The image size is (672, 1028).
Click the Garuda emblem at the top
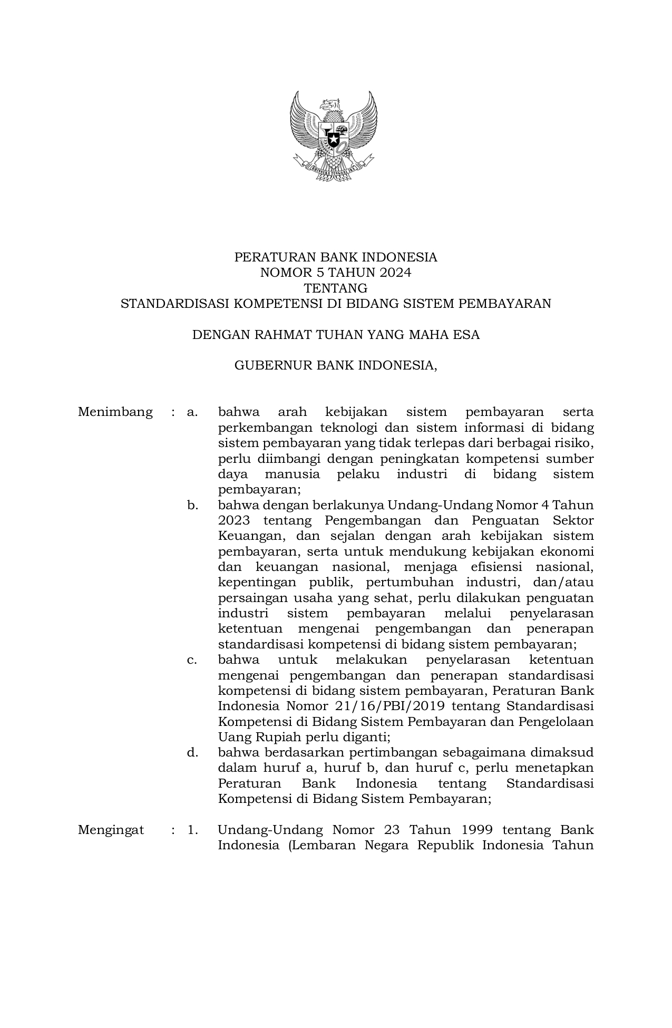point(333,135)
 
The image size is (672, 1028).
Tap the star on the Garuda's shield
point(333,140)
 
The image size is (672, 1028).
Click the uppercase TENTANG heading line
point(336,288)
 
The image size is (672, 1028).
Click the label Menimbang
point(115,412)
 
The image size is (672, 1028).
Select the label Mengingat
point(111,830)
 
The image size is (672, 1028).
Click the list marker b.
point(192,505)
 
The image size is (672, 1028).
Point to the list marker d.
point(192,752)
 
